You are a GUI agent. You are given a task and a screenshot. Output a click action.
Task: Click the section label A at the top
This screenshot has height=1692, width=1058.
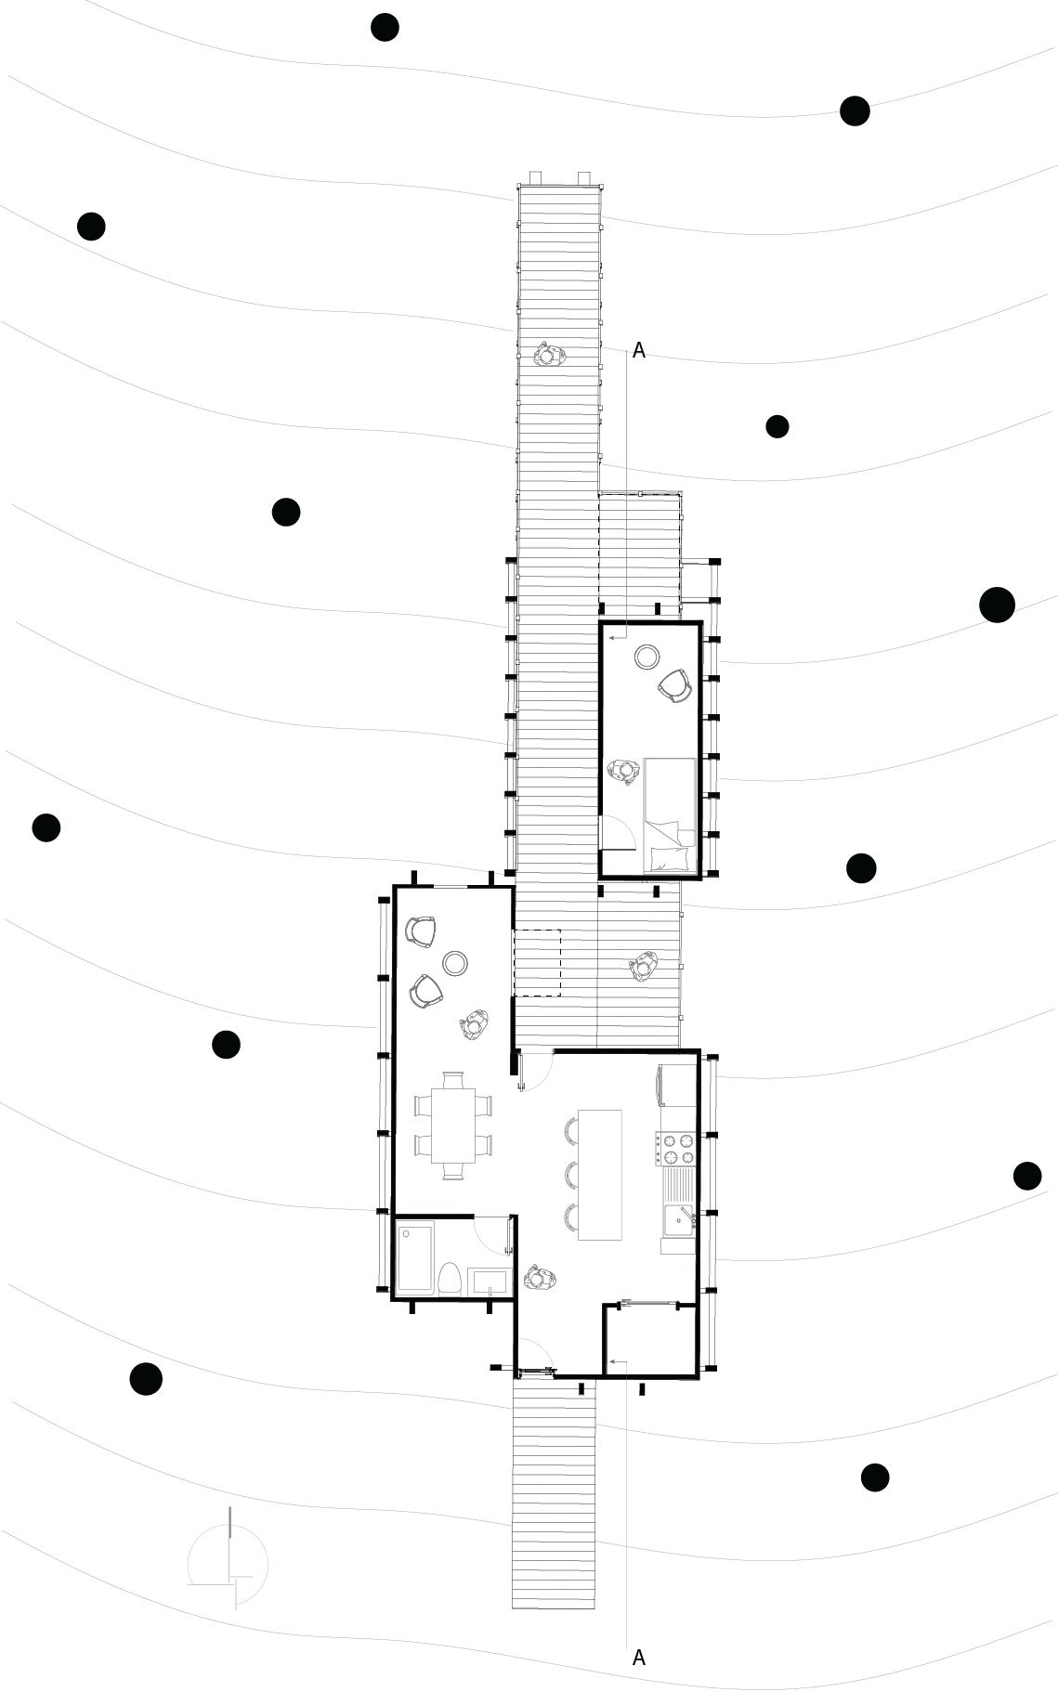[x=638, y=350]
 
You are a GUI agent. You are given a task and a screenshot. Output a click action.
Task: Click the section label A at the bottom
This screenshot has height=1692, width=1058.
[x=638, y=1657]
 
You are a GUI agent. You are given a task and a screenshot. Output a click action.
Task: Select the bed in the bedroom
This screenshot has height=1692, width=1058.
[x=669, y=816]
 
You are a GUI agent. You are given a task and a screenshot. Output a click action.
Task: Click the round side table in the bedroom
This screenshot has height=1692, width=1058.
[x=647, y=657]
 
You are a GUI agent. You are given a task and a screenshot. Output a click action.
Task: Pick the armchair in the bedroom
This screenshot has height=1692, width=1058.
[x=675, y=686]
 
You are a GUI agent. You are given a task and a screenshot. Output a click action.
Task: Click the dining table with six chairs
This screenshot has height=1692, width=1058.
[x=452, y=1125]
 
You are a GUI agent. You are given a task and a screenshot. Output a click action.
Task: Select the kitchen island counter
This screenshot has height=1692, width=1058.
[x=599, y=1175]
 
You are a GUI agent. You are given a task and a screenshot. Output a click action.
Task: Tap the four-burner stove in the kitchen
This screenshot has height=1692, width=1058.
[x=675, y=1148]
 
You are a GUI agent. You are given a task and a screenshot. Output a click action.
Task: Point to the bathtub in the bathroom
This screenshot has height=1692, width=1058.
[x=414, y=1259]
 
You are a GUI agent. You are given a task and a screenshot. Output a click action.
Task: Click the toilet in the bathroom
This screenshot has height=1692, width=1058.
[x=450, y=1277]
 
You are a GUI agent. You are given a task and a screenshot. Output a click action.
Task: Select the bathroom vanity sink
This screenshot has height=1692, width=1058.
[x=490, y=1282]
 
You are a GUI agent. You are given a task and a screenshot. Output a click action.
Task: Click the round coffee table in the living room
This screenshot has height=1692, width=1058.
[x=454, y=964]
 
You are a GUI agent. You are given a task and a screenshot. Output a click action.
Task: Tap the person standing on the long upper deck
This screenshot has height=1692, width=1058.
[x=550, y=356]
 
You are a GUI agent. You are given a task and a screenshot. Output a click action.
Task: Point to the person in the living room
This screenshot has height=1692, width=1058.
[x=475, y=1024]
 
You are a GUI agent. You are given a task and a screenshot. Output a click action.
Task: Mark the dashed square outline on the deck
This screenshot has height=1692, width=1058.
[x=538, y=963]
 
